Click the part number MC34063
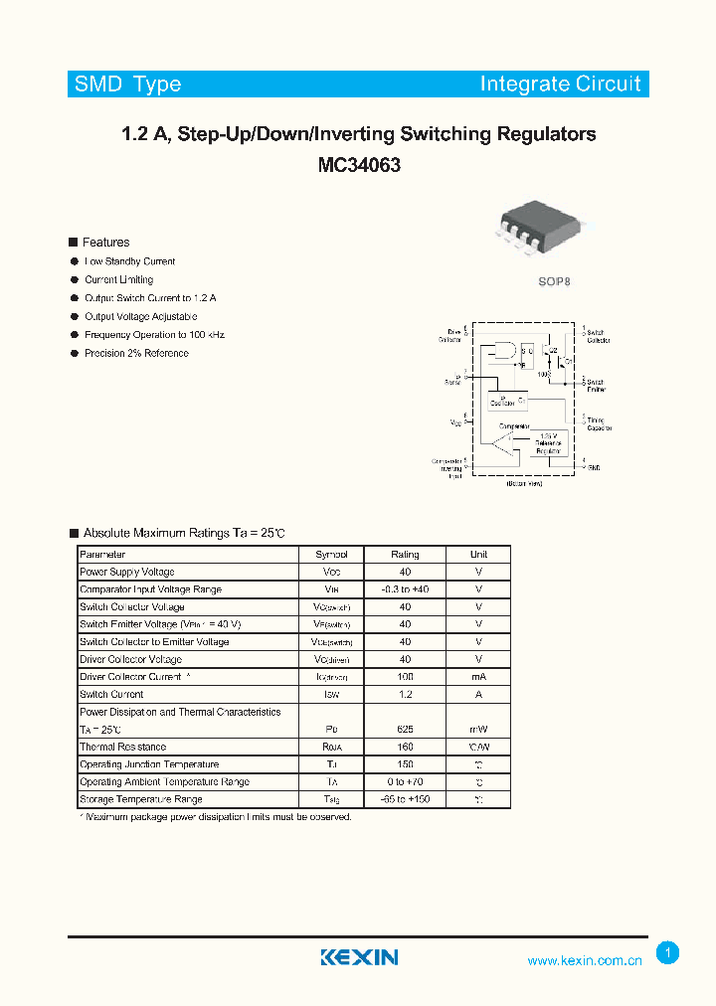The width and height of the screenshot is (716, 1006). (359, 166)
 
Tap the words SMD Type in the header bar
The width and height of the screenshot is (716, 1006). (127, 84)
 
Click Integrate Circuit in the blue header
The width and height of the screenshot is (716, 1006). (560, 84)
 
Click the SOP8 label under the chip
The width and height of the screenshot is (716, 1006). (555, 281)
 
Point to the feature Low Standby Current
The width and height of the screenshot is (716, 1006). (130, 261)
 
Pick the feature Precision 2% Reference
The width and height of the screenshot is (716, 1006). (136, 353)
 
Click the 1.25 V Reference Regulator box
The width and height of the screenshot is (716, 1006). (549, 443)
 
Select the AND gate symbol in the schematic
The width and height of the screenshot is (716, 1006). (499, 353)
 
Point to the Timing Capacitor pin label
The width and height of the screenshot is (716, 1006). (598, 424)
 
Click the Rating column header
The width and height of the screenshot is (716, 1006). (405, 555)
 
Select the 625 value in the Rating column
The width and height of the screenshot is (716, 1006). (405, 730)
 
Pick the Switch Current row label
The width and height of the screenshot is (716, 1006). (111, 695)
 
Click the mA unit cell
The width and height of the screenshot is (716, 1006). (478, 677)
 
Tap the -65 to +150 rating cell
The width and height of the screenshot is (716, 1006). (405, 799)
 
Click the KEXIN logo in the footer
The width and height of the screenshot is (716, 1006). (359, 957)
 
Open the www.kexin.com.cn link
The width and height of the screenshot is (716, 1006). (585, 960)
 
